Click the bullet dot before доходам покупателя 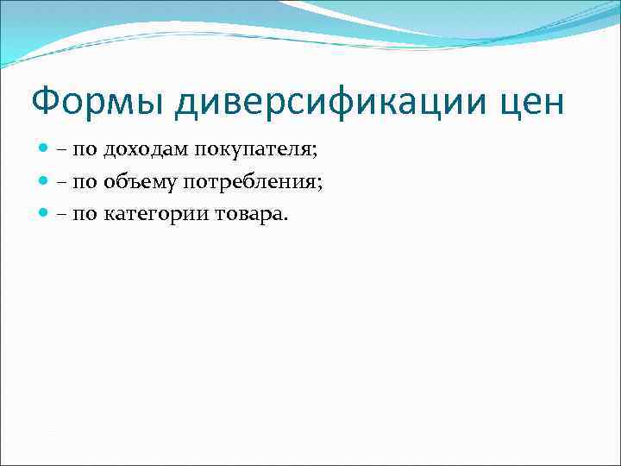click(x=44, y=150)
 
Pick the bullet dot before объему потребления click(x=44, y=181)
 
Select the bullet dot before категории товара click(x=44, y=212)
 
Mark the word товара click(x=244, y=212)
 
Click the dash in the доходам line click(x=63, y=151)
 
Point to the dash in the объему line click(x=63, y=182)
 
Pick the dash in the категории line click(x=63, y=213)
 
